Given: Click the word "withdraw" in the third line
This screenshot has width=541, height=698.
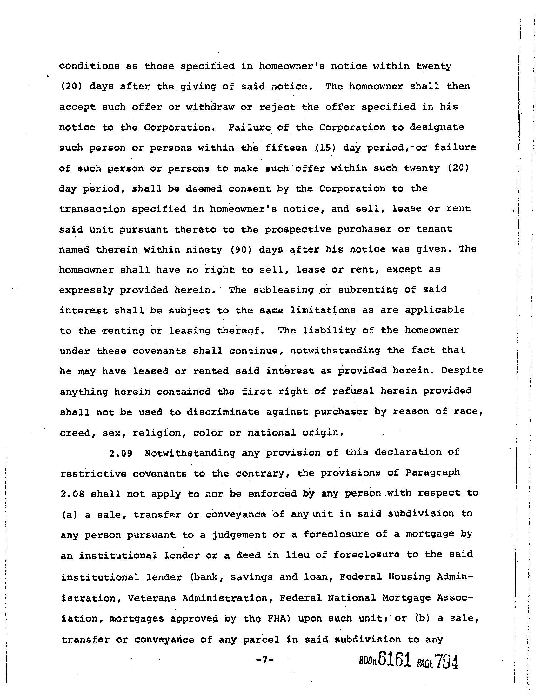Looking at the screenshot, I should [210, 107].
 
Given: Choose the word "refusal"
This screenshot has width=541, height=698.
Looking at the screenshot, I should [354, 391].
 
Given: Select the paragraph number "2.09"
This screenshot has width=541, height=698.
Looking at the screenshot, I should [121, 453].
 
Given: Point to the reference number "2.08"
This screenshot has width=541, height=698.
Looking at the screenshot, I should [72, 494].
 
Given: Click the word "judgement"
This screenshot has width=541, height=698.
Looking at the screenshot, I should [240, 535].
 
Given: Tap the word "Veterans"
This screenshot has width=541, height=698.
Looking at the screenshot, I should [151, 598].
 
